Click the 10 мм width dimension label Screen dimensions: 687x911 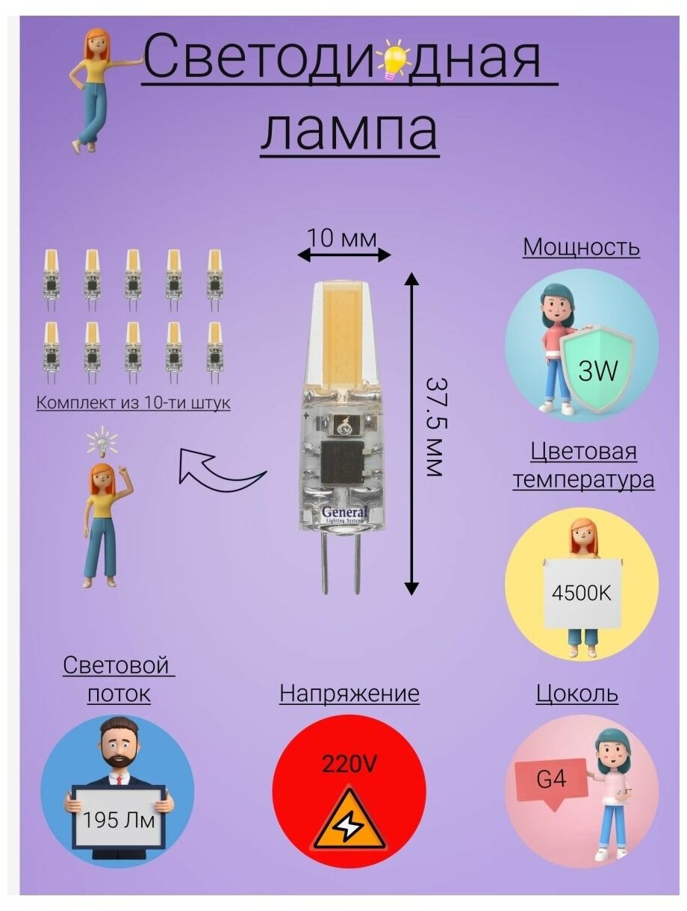343,238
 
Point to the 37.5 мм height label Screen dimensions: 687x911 435,426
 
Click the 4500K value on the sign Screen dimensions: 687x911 581,594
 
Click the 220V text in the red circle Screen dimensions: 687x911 349,765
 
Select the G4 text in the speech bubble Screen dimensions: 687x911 551,780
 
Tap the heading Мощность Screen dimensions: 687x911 581,246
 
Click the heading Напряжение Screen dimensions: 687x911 349,694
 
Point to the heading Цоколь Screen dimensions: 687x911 576,694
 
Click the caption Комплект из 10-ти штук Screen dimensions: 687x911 133,402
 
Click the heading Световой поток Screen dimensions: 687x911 118,679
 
